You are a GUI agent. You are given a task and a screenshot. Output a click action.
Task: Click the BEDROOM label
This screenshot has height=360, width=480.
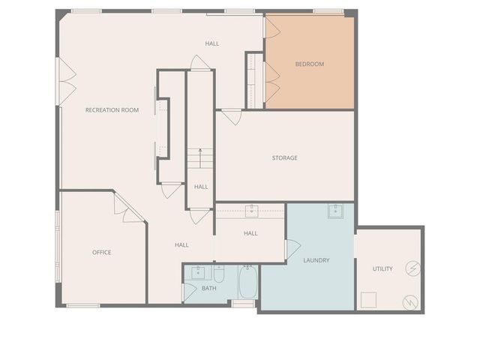point(309,64)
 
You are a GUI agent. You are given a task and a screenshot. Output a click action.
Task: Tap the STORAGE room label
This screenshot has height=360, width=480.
point(284,158)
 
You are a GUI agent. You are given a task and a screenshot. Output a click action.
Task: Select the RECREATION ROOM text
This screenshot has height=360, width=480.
point(112,110)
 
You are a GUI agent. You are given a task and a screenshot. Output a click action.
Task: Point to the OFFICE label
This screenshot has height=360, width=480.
point(101,253)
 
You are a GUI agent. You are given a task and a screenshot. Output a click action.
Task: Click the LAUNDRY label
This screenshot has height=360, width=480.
point(316,261)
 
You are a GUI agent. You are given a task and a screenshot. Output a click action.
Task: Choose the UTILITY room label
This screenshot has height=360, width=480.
point(382,269)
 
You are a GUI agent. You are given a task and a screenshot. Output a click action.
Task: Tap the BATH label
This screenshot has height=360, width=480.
point(209,289)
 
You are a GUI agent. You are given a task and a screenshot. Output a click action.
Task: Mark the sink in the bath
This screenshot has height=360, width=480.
point(198,271)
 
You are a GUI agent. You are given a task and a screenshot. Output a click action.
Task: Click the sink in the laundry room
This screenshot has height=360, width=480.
point(335,211)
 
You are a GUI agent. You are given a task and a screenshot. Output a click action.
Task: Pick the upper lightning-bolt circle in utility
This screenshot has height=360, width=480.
point(412,268)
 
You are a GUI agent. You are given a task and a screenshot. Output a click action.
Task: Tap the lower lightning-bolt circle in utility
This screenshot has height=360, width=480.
point(410,301)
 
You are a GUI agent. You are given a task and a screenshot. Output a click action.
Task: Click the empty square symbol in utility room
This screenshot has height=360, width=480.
point(368,300)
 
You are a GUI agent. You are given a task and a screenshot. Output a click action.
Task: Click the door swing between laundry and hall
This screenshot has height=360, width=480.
point(291,248)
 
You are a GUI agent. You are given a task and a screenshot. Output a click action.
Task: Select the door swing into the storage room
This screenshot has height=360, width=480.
point(232,117)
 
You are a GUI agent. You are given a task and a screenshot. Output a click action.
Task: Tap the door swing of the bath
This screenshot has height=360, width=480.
point(189,292)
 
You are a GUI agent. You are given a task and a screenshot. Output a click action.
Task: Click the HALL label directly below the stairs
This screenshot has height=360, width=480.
point(201,187)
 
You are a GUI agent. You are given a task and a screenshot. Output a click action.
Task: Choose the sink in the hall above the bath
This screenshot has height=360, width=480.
point(251,211)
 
